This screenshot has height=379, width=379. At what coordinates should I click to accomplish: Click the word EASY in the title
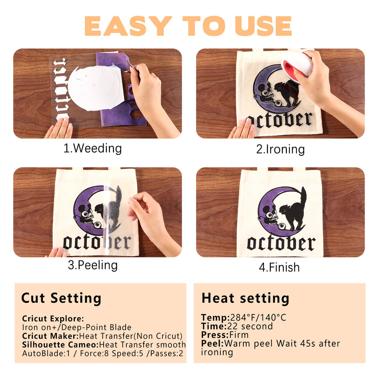click(x=128, y=26)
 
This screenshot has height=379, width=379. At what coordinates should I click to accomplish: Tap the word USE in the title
click(x=263, y=26)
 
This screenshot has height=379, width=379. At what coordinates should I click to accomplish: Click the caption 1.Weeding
click(x=92, y=148)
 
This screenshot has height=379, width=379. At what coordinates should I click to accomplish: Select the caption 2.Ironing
click(x=280, y=150)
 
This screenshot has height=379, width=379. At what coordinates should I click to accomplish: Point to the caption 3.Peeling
click(x=93, y=265)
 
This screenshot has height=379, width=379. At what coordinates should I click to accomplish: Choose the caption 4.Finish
click(x=279, y=267)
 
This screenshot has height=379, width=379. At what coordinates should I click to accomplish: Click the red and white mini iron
click(x=298, y=64)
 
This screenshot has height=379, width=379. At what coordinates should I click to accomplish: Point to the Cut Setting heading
click(x=61, y=298)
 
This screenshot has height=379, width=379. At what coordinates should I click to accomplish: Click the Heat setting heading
click(x=245, y=298)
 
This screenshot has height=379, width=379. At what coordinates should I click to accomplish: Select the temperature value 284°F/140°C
click(x=258, y=317)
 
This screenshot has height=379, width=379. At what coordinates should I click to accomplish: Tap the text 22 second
click(x=250, y=326)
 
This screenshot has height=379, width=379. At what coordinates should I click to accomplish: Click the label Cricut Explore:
click(x=53, y=318)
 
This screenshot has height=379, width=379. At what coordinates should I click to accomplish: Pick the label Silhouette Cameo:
click(x=61, y=345)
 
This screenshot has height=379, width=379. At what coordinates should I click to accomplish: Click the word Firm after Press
click(x=239, y=335)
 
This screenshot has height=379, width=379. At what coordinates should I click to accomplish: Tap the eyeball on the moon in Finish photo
click(x=281, y=226)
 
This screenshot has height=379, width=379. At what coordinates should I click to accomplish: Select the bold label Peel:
click(x=212, y=344)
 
